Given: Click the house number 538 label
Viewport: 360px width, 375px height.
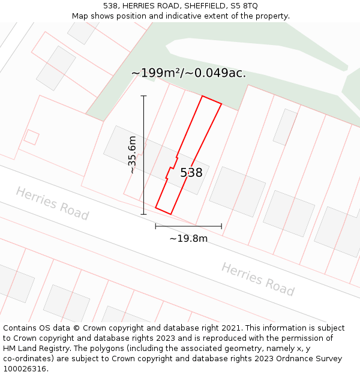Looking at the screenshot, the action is pyautogui.click(x=191, y=173).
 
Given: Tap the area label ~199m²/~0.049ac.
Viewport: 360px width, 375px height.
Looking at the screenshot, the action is pyautogui.click(x=188, y=73).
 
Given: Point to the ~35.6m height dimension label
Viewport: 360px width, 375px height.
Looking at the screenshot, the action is pyautogui.click(x=132, y=155).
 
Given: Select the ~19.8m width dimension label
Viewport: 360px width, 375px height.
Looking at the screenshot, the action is pyautogui.click(x=188, y=239).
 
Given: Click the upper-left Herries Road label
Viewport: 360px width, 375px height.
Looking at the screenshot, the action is pyautogui.click(x=52, y=203).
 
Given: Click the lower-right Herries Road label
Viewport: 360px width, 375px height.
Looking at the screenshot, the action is pyautogui.click(x=258, y=279).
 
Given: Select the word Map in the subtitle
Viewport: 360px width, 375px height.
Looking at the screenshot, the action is pyautogui.click(x=80, y=16).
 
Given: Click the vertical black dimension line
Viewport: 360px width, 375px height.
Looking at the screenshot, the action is pyautogui.click(x=143, y=155).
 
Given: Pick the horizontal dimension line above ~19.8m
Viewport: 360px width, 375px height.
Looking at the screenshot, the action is pyautogui.click(x=188, y=226).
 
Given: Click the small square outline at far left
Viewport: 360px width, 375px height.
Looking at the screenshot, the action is pyautogui.click(x=31, y=137).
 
